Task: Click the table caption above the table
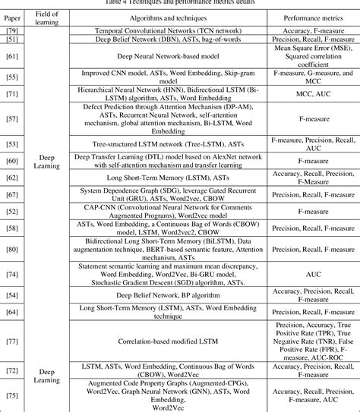(x=180, y=3)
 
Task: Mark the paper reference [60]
(x=12, y=161)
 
